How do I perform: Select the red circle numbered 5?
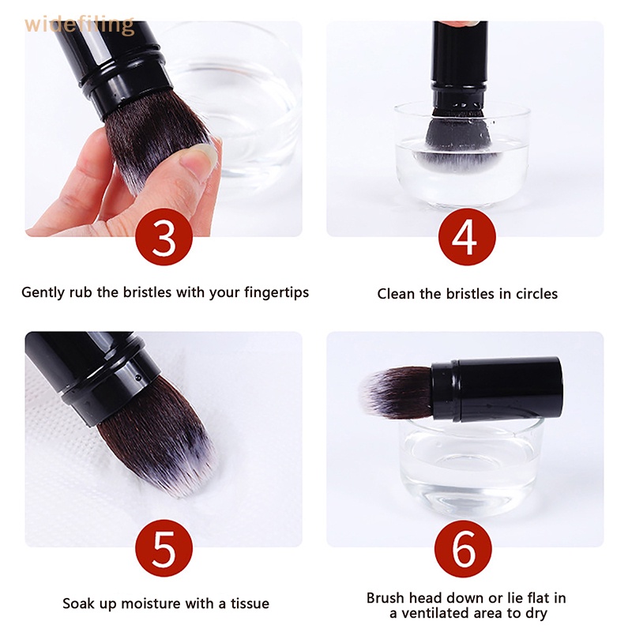tap(164, 548)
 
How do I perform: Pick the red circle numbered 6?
tap(463, 548)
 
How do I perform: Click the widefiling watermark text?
tap(79, 24)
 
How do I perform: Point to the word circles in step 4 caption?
tap(535, 294)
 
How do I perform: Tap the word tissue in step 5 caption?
tap(250, 604)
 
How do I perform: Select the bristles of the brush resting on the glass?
tap(397, 392)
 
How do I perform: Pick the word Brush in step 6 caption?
tap(386, 597)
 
